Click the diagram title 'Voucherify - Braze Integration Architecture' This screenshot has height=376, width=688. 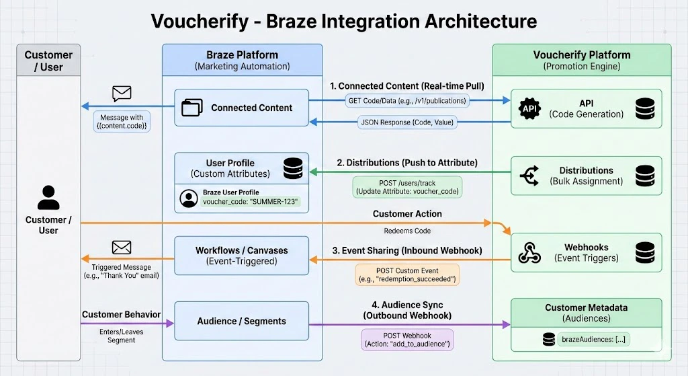click(x=343, y=21)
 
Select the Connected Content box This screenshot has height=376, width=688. click(x=242, y=108)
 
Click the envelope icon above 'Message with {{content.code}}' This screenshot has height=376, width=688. click(x=122, y=93)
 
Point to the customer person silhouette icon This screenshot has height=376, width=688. click(x=48, y=198)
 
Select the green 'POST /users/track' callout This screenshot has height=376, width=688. click(x=407, y=187)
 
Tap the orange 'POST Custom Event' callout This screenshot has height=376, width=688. click(x=407, y=274)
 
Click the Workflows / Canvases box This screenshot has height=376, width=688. click(x=242, y=256)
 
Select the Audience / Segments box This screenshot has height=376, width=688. click(x=242, y=322)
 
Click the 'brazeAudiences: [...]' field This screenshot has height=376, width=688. click(x=593, y=339)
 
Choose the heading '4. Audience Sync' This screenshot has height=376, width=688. click(x=407, y=305)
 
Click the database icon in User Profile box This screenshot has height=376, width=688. click(x=293, y=169)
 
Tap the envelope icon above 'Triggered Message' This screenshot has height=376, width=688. click(x=122, y=248)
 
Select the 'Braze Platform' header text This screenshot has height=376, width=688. click(x=242, y=55)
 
